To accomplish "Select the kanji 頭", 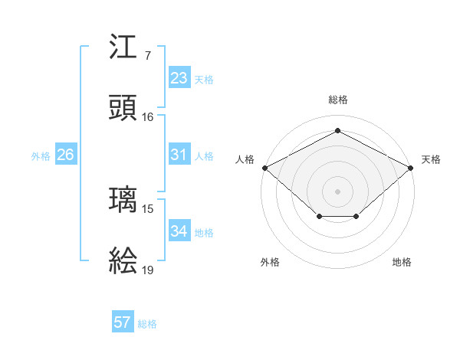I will [x=123, y=109].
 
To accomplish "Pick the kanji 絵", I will [x=123, y=261].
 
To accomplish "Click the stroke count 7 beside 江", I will [x=147, y=56].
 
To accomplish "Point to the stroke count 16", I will [x=147, y=117].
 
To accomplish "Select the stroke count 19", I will [x=147, y=270].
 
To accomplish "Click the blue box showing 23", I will [x=179, y=78].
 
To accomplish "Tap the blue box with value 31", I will [x=179, y=155].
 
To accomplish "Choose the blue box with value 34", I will [x=179, y=231].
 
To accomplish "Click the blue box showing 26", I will [x=65, y=155].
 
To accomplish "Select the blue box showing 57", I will [x=123, y=322].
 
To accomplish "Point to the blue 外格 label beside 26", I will [x=41, y=156].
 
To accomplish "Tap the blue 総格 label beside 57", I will [x=147, y=324].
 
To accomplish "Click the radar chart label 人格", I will [x=245, y=159].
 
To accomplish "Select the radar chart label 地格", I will [x=402, y=262].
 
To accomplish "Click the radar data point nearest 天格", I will [x=411, y=167].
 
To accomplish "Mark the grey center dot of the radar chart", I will [x=337, y=191].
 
